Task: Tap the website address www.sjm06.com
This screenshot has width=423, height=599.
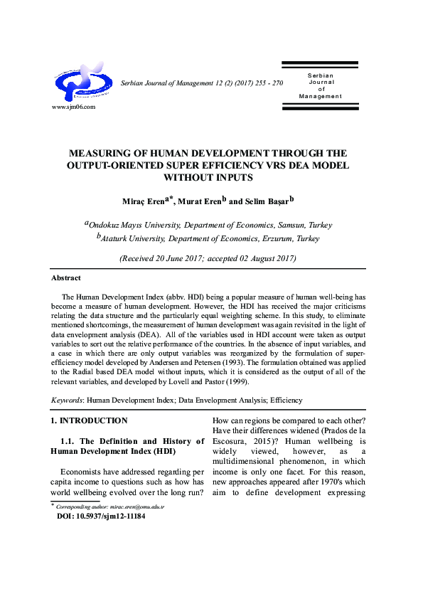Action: (73, 107)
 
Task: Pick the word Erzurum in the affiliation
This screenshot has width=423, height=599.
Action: (274, 239)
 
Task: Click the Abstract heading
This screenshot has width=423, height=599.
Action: (66, 277)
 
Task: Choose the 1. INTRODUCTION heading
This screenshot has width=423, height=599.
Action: (90, 420)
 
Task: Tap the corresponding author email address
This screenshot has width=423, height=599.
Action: (139, 507)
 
